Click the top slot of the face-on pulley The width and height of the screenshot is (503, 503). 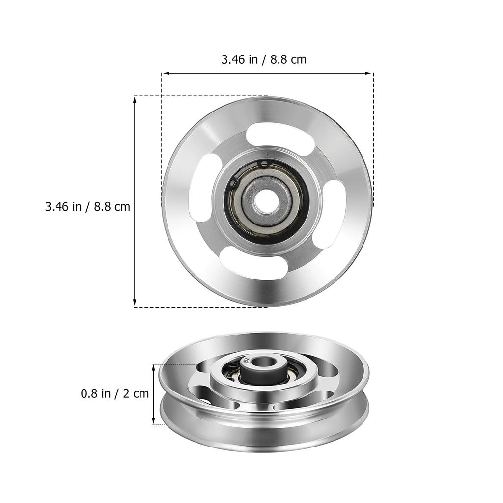pyautogui.click(x=267, y=133)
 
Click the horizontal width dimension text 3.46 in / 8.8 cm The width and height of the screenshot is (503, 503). pyautogui.click(x=264, y=60)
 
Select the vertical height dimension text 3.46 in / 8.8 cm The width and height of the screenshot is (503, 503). pyautogui.click(x=87, y=206)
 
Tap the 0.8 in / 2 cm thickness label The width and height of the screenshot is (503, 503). pyautogui.click(x=114, y=393)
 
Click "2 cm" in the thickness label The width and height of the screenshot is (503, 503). pyautogui.click(x=135, y=393)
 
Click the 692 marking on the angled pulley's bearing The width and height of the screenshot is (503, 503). pyautogui.click(x=245, y=359)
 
